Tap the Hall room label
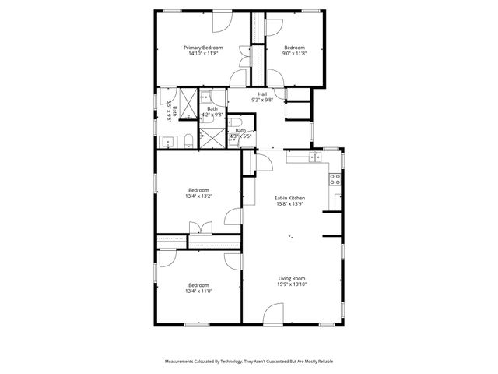[263, 93]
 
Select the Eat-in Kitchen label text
[289, 198]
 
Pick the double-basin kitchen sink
[314, 157]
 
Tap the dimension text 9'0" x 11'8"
[294, 54]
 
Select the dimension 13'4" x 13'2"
[199, 196]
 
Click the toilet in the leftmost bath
[189, 141]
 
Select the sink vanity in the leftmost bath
[168, 142]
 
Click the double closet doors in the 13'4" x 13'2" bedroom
[201, 227]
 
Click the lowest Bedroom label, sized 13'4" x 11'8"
[199, 285]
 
